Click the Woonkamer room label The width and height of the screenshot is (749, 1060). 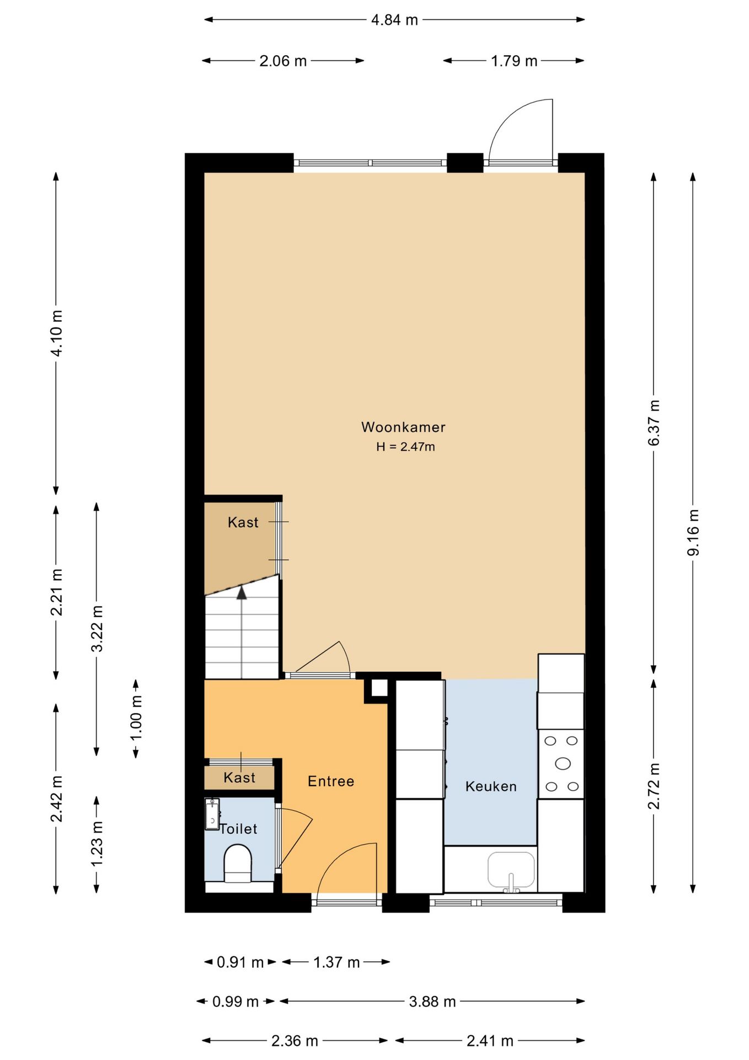[x=403, y=427]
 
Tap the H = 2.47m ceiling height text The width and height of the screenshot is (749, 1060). [x=405, y=447]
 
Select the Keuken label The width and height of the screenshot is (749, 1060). [x=490, y=786]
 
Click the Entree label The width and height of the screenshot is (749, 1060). [x=331, y=781]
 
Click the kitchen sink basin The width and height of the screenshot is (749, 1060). [x=511, y=869]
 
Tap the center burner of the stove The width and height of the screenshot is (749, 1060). [x=563, y=764]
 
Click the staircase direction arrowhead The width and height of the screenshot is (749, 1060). [x=242, y=593]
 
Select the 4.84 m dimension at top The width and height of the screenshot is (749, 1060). [x=394, y=20]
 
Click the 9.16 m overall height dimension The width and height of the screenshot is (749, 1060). [x=693, y=532]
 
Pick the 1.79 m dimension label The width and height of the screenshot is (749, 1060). [x=514, y=61]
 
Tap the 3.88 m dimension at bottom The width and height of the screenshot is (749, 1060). [x=432, y=1001]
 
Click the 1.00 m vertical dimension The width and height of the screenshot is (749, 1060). [x=136, y=718]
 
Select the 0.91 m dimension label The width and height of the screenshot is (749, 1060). [x=240, y=962]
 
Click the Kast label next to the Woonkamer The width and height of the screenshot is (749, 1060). [x=243, y=522]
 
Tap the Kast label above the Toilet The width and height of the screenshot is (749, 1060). [x=239, y=777]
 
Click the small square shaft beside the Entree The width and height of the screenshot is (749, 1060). [x=379, y=688]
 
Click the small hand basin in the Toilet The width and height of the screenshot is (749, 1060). [x=212, y=814]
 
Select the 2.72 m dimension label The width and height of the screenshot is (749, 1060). [x=654, y=786]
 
